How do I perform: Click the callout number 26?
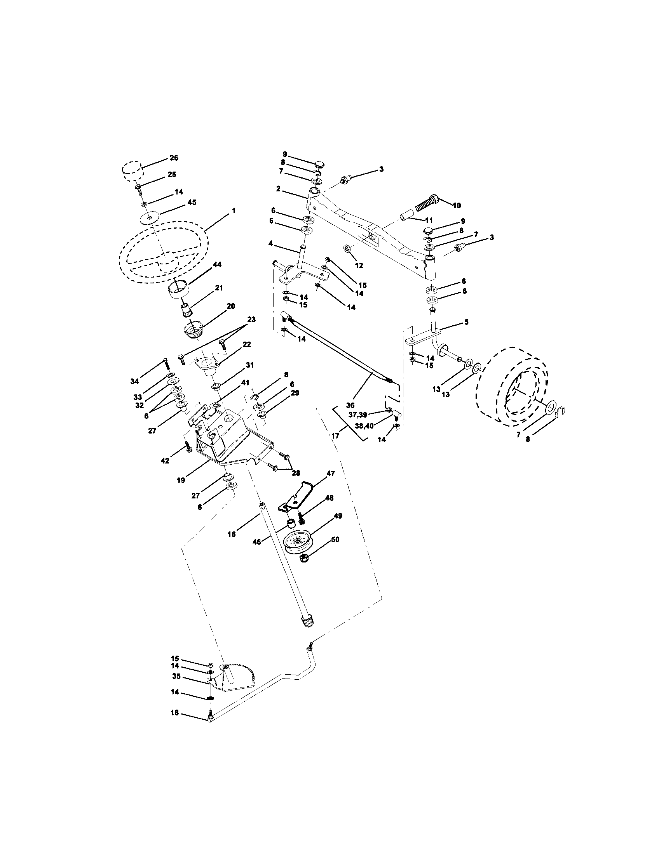click(174, 158)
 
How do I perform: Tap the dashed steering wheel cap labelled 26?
click(131, 171)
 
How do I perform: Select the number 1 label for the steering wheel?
click(234, 210)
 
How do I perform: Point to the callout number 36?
click(350, 406)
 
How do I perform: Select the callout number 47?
click(331, 474)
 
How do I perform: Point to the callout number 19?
click(181, 480)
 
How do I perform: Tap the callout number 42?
click(165, 461)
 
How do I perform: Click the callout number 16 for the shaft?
click(232, 534)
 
